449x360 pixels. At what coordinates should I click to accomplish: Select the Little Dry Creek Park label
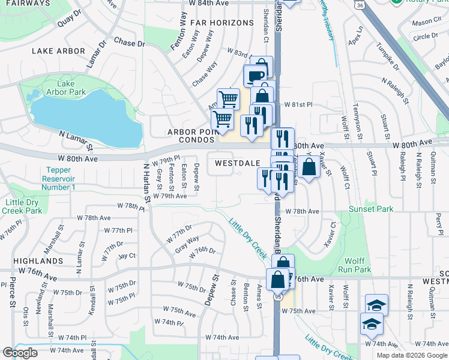(22, 206)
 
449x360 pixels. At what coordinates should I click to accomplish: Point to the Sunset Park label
(372, 209)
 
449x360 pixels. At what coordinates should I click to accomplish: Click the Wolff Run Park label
(359, 266)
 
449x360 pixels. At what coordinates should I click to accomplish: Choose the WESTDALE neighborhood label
(238, 163)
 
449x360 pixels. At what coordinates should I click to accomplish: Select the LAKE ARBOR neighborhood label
(59, 51)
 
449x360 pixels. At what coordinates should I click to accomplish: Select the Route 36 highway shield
(359, 5)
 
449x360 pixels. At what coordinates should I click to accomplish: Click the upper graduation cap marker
(376, 304)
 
